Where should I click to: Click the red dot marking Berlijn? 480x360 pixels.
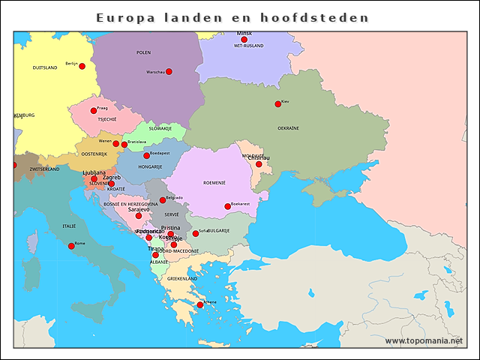(82, 66)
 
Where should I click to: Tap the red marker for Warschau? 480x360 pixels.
(169, 71)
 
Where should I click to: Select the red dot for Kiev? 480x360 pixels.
(277, 103)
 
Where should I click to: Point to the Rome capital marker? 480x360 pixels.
(71, 246)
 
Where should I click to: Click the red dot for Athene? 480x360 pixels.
(199, 305)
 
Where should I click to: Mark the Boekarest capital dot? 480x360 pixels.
(227, 206)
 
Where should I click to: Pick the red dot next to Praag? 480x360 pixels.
(94, 110)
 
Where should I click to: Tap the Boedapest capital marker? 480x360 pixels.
(146, 155)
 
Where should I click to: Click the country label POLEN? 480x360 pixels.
(143, 52)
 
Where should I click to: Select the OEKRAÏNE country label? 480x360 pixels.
(289, 128)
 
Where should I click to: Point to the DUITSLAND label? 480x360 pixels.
(45, 67)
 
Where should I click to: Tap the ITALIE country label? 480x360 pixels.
(69, 226)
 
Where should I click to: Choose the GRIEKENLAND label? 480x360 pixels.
(182, 278)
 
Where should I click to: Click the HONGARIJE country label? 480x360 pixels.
(150, 166)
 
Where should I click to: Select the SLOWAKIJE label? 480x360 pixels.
(160, 128)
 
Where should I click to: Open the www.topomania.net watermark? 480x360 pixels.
(424, 341)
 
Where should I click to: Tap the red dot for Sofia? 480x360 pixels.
(196, 233)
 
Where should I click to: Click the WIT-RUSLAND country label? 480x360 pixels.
(248, 46)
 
